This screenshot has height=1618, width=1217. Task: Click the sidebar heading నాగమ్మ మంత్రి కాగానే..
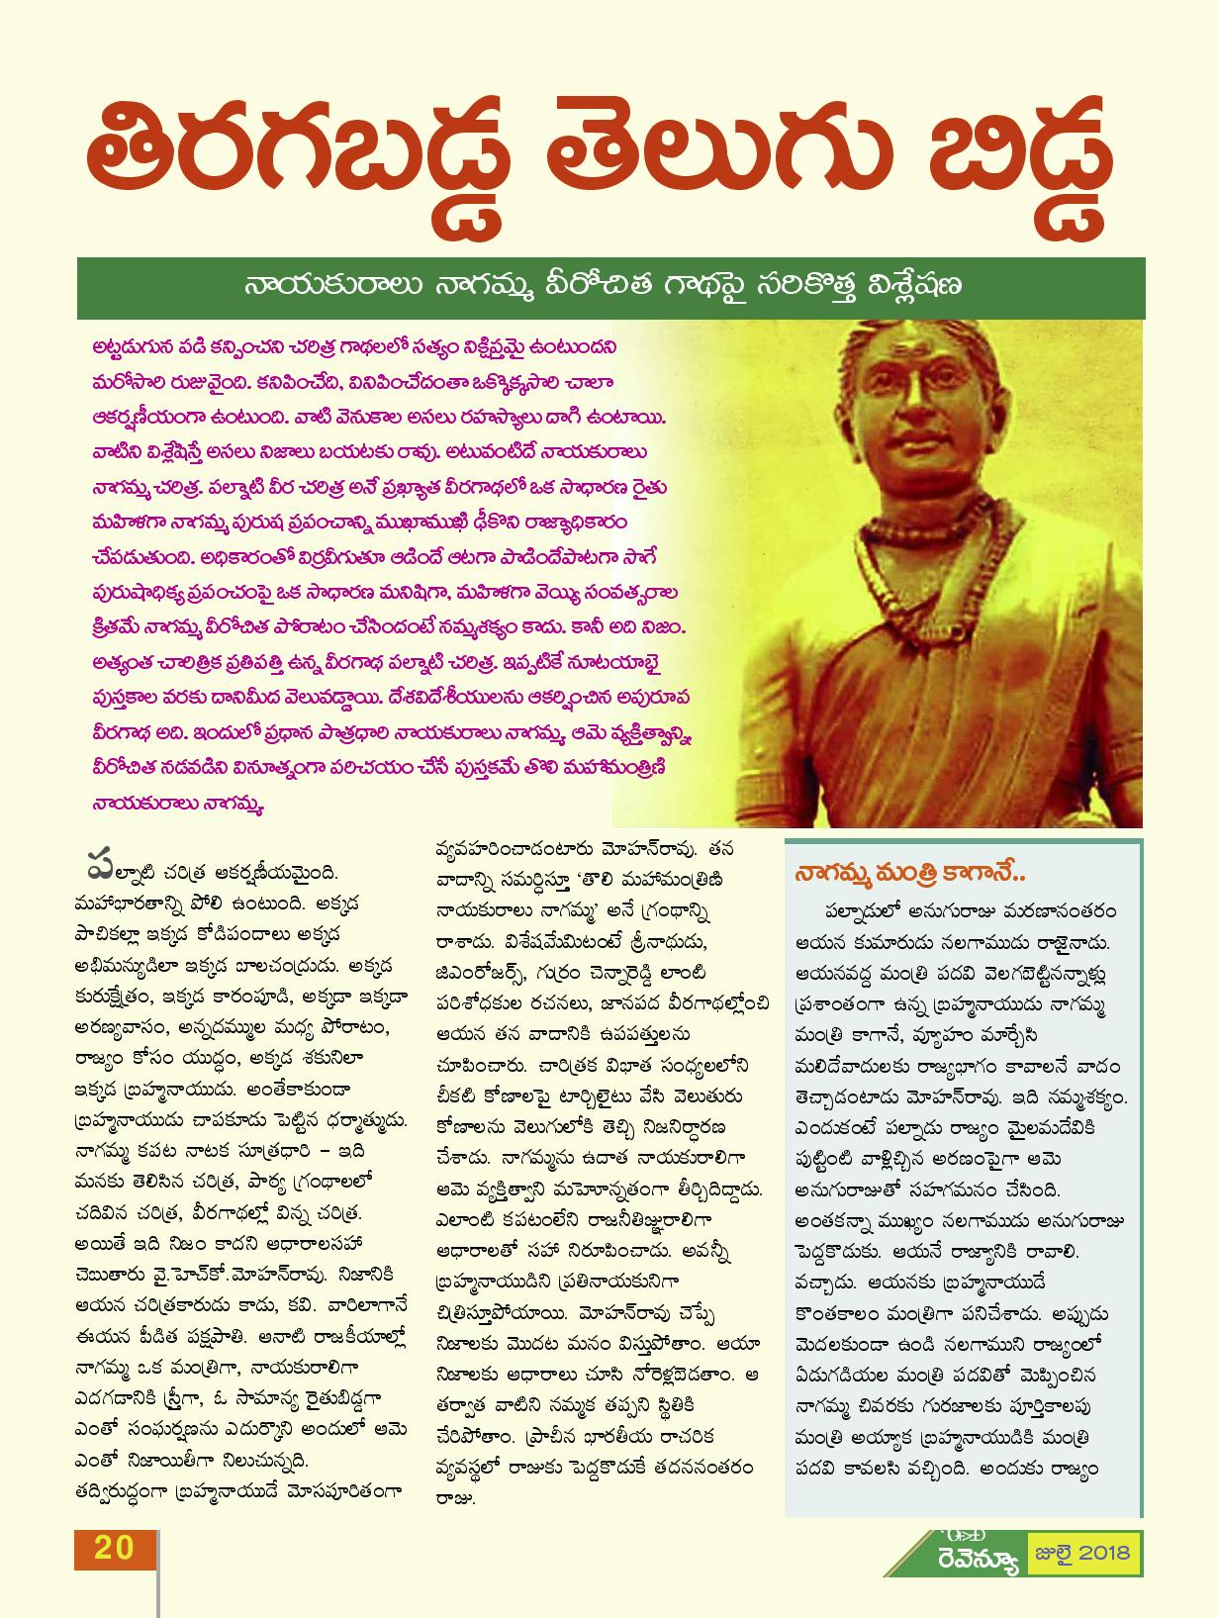pos(908,875)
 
